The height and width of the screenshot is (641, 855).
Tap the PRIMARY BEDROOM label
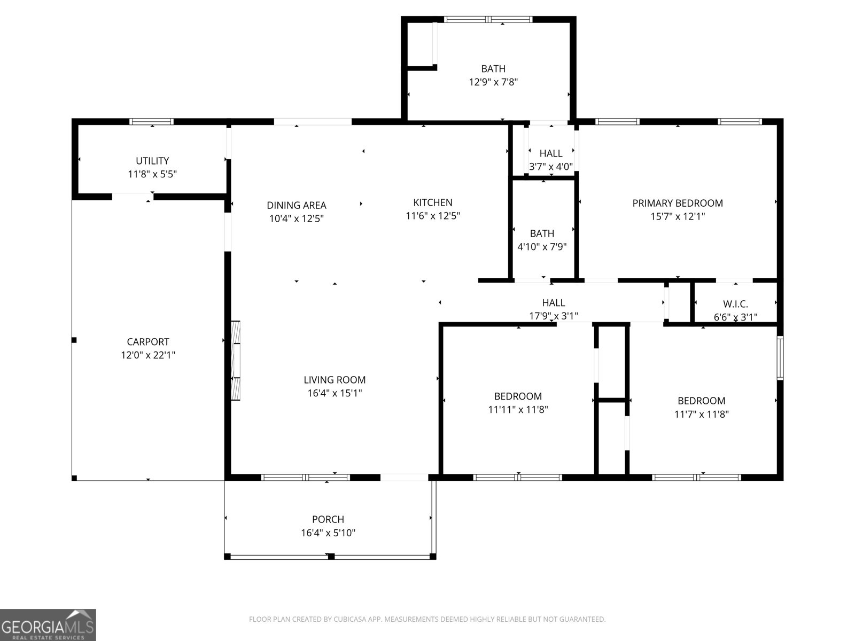[x=677, y=203]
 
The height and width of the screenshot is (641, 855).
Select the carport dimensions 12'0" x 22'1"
[x=148, y=355]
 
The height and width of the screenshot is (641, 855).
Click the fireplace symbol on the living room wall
[x=235, y=361]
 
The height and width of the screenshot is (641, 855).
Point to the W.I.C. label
[x=735, y=304]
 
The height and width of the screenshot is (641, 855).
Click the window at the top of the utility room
[x=152, y=122]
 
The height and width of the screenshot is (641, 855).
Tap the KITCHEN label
[x=432, y=202]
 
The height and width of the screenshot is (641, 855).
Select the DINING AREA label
[x=296, y=205]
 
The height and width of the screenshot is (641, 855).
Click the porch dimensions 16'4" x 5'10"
[x=328, y=533]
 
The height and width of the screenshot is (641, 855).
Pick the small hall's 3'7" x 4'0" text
[x=550, y=167]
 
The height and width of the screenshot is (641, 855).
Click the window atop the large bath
[x=488, y=20]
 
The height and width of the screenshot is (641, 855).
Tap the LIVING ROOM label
[x=335, y=380]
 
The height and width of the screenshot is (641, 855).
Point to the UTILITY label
[x=152, y=161]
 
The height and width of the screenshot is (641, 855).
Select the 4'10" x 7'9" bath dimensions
[x=542, y=247]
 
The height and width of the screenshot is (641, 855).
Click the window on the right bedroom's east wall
[x=780, y=358]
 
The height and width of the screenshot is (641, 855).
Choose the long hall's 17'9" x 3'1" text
[x=553, y=316]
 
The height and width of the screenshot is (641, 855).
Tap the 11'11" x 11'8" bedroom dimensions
[x=518, y=410]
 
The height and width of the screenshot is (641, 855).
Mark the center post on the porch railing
[x=331, y=557]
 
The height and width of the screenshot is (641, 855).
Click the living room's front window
[x=306, y=477]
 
